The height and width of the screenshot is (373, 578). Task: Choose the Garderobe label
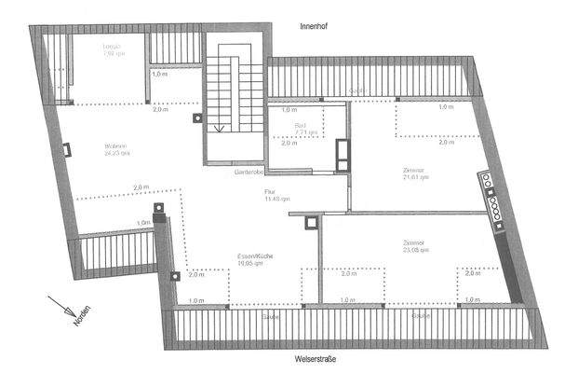pos(249,173)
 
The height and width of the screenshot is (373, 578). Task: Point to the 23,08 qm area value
pos(414,250)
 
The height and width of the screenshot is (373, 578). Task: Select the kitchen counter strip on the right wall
pos(491,198)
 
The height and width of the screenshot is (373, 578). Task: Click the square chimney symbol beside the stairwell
pos(196,118)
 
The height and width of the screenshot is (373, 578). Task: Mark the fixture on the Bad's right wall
pos(343,154)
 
